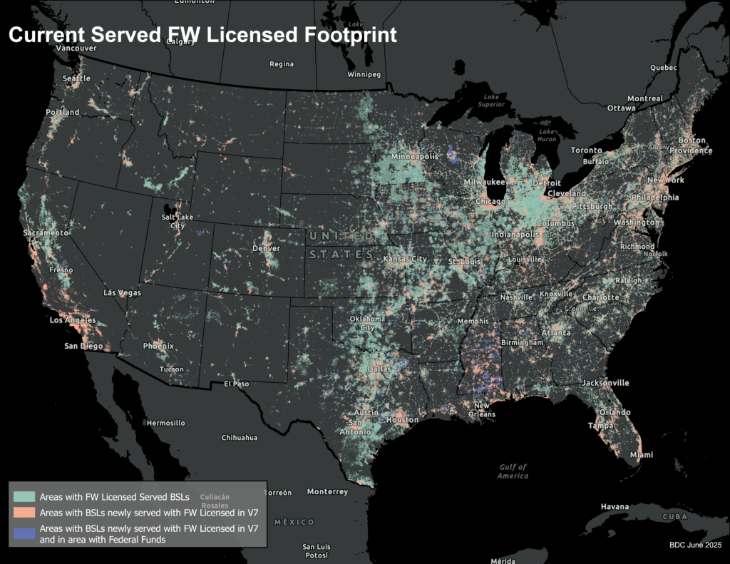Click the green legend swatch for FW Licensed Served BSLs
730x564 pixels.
coord(24,496)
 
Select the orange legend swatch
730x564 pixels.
coord(24,512)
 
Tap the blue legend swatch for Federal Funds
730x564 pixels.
coord(24,533)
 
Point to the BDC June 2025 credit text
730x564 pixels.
coord(695,545)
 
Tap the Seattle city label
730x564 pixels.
coord(76,78)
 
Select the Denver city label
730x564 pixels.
coord(266,248)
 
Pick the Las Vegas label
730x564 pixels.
coord(122,293)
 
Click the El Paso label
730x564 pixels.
coord(237,384)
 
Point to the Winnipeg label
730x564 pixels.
coord(364,74)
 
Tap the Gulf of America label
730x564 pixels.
coord(513,471)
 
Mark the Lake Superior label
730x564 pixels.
coord(492,101)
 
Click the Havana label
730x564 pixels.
coord(615,506)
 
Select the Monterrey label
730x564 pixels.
coord(327,491)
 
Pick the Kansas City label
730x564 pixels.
coord(405,258)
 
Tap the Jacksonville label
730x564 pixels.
coord(605,383)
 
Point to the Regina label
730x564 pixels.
coord(282,64)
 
